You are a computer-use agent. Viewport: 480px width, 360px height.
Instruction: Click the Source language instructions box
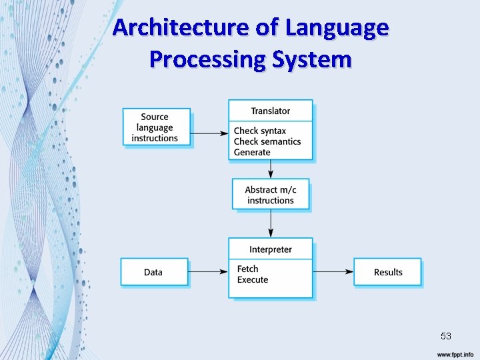(x=157, y=127)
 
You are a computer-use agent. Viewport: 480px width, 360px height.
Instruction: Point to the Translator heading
(x=270, y=111)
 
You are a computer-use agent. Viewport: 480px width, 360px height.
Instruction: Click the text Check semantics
(x=267, y=141)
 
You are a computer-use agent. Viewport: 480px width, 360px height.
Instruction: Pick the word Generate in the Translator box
(x=252, y=152)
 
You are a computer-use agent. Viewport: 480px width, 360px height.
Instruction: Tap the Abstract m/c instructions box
(x=270, y=195)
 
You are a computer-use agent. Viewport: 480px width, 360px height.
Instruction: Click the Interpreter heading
(x=270, y=249)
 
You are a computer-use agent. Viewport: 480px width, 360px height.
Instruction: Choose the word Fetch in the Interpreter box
(x=247, y=269)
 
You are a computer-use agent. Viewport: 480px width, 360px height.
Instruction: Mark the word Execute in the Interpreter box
(x=252, y=280)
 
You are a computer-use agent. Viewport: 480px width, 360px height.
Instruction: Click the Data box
(x=153, y=272)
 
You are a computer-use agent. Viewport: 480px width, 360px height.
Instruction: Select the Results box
(x=387, y=272)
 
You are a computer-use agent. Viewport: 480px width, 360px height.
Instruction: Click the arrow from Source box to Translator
(x=209, y=133)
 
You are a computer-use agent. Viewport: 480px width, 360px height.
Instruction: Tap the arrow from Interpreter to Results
(x=333, y=271)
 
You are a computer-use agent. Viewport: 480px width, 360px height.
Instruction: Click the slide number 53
(x=445, y=336)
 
